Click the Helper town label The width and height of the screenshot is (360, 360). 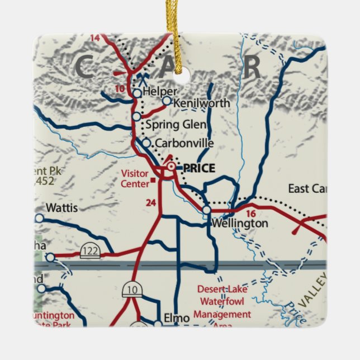pyautogui.click(x=160, y=91)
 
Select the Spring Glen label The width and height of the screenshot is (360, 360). pyautogui.click(x=176, y=124)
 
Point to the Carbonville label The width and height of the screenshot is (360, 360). pyautogui.click(x=184, y=144)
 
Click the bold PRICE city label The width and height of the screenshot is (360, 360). pyautogui.click(x=199, y=168)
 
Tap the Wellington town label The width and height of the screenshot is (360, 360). pyautogui.click(x=240, y=223)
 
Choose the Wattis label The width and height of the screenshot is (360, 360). pyautogui.click(x=61, y=208)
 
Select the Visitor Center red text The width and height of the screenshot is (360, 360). pyautogui.click(x=135, y=178)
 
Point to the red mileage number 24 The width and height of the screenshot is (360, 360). pyautogui.click(x=150, y=203)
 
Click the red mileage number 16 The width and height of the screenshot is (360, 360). pyautogui.click(x=250, y=214)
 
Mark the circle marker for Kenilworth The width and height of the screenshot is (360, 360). pyautogui.click(x=166, y=101)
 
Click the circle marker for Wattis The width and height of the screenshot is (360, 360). pyautogui.click(x=39, y=218)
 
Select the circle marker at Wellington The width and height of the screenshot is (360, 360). pyautogui.click(x=207, y=210)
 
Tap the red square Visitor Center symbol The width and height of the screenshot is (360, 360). pyautogui.click(x=154, y=180)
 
